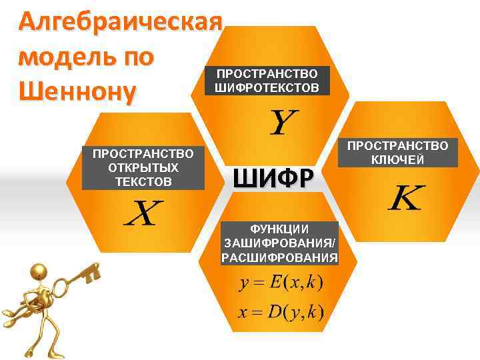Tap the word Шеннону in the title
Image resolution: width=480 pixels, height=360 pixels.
pyautogui.click(x=77, y=89)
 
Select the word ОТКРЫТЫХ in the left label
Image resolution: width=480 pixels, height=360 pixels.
pyautogui.click(x=143, y=167)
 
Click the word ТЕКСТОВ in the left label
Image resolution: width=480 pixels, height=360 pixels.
pyautogui.click(x=143, y=181)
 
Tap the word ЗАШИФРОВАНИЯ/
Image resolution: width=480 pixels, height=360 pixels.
pyautogui.click(x=280, y=243)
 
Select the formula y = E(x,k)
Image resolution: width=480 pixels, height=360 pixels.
pyautogui.click(x=281, y=283)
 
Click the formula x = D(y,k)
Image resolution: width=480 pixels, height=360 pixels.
pyautogui.click(x=281, y=311)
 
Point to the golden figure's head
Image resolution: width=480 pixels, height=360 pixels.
pyautogui.click(x=39, y=272)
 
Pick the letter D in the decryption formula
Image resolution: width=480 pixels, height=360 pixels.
pyautogui.click(x=275, y=311)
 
